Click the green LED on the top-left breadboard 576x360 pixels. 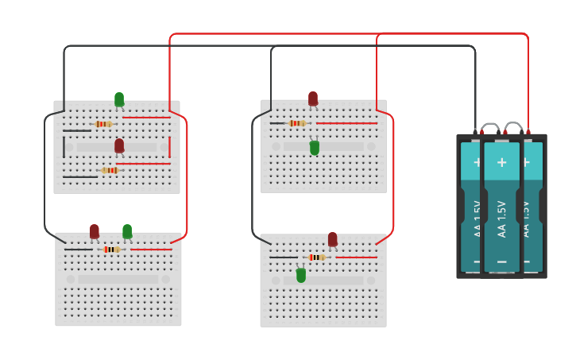click(x=119, y=99)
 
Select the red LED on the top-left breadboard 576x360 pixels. click(x=119, y=145)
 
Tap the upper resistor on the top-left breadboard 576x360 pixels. click(x=103, y=124)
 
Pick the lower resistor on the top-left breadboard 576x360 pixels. click(x=110, y=170)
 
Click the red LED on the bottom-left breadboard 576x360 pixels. click(x=95, y=230)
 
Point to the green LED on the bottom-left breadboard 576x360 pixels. click(x=127, y=230)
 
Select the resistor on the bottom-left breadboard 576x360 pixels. click(x=111, y=250)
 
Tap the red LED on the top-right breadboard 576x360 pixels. click(x=313, y=99)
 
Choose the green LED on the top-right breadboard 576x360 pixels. click(x=315, y=147)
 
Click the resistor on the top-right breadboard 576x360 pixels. click(x=297, y=123)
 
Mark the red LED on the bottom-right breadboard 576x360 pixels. click(x=332, y=238)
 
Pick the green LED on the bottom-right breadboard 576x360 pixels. click(x=301, y=275)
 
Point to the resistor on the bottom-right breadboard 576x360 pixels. click(x=316, y=257)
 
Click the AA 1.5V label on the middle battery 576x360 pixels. click(x=501, y=219)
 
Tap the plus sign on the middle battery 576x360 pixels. click(x=501, y=162)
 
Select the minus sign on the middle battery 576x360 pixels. click(x=501, y=261)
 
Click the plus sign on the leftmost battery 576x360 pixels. click(x=477, y=161)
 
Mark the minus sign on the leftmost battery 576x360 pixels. click(x=477, y=260)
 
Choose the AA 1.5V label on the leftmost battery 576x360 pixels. click(x=477, y=219)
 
